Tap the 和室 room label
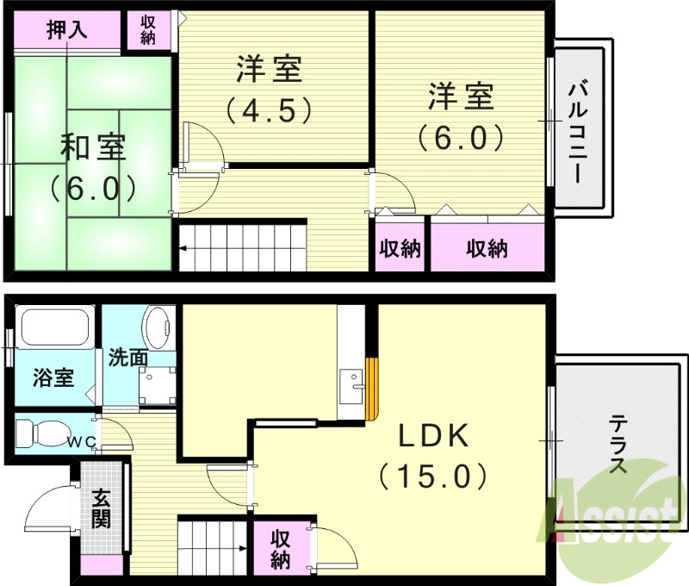[92, 147]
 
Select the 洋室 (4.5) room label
[268, 69]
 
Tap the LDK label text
[433, 436]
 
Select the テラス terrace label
[618, 444]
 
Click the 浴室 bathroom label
[53, 377]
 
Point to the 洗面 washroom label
[127, 357]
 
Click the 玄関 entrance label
[102, 508]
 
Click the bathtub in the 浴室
[53, 328]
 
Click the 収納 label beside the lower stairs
[281, 549]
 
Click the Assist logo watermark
[614, 515]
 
